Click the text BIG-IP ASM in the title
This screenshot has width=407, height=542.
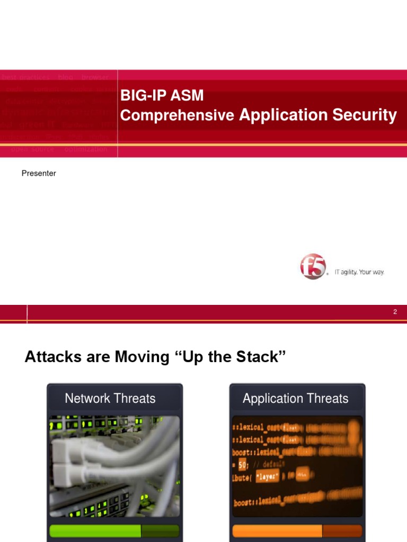click(162, 96)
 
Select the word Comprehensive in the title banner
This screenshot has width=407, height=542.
click(177, 115)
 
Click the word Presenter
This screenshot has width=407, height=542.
click(39, 174)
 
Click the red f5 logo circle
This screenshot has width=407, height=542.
click(313, 266)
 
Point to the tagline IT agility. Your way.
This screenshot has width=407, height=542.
click(359, 272)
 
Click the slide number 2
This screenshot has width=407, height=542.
click(395, 312)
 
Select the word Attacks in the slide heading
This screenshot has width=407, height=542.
click(51, 357)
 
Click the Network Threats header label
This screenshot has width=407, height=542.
click(110, 399)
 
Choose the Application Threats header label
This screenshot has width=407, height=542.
click(296, 399)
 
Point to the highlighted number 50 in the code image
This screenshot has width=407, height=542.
click(243, 464)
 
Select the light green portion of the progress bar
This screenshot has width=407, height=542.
click(95, 531)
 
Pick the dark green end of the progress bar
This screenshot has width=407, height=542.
click(160, 531)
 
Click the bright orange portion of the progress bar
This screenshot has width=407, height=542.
click(277, 531)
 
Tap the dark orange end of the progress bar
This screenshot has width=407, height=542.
click(342, 531)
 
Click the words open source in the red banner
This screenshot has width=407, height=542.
click(32, 149)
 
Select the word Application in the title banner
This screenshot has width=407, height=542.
click(283, 115)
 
